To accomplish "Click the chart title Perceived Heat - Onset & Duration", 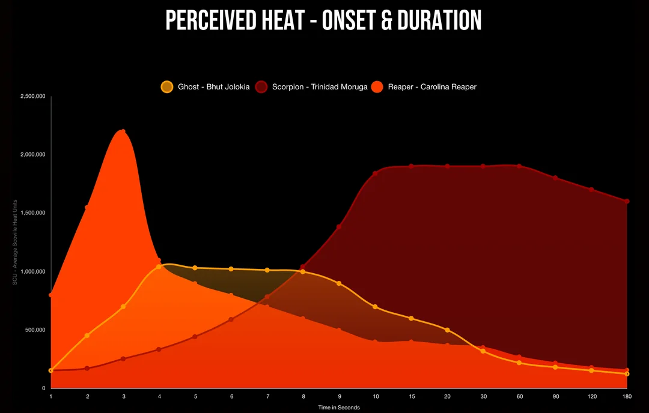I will click(x=323, y=21).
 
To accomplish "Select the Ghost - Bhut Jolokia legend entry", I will click(x=205, y=87).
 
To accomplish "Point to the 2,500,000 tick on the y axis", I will click(x=32, y=96).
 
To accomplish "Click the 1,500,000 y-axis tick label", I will click(x=32, y=213).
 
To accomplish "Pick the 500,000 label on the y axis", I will click(x=35, y=330).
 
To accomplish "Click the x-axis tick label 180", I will click(x=627, y=397).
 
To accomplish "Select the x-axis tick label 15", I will click(x=411, y=397).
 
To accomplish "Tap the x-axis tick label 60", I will click(x=519, y=397).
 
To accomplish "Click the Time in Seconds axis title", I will click(x=339, y=408).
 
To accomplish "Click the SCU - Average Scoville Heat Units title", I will click(x=15, y=243).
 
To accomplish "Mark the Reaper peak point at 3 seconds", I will click(x=123, y=131).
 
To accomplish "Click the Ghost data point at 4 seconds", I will click(x=159, y=267).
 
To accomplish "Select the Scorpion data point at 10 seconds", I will click(x=375, y=173).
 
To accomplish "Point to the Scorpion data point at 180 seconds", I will click(x=627, y=201).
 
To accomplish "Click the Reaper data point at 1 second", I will click(x=51, y=295).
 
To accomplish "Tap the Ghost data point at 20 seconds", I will click(x=447, y=330).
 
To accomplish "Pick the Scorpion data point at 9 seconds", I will click(x=339, y=226).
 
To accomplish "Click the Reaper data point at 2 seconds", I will click(x=87, y=207).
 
